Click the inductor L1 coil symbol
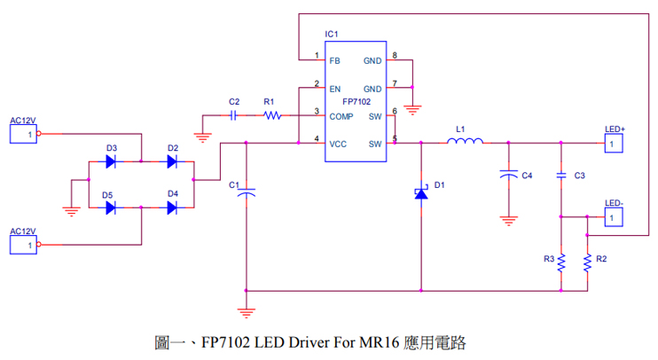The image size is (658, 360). click(x=466, y=142)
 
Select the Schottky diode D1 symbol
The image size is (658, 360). click(x=421, y=192)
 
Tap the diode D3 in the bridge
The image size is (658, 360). click(x=111, y=161)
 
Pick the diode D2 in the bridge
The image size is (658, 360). click(x=172, y=161)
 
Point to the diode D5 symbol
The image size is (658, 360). click(x=111, y=208)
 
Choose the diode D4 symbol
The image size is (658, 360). click(x=172, y=208)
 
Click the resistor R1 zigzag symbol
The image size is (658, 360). click(x=271, y=115)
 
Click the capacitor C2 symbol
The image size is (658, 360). click(x=233, y=115)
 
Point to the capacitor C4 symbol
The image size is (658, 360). click(x=508, y=176)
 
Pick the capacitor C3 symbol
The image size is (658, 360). click(x=560, y=176)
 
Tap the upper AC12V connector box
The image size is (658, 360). click(x=22, y=134)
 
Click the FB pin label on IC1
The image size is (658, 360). click(x=334, y=61)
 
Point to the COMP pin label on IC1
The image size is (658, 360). click(x=341, y=116)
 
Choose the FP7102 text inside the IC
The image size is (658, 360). click(x=356, y=102)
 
